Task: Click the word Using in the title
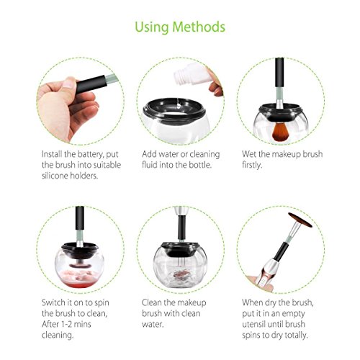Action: pos(152,27)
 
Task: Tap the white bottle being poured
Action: pos(190,73)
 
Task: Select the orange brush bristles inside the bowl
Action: pos(279,130)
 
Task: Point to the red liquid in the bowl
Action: pos(79,284)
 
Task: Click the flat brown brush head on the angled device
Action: pos(300,220)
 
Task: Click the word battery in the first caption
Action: pos(91,154)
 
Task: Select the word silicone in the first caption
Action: pos(55,176)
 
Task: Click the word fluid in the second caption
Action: pos(149,165)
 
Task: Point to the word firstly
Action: pos(252,165)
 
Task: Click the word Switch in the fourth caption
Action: pos(53,302)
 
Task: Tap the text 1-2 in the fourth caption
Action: pos(66,324)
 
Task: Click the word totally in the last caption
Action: pos(296,336)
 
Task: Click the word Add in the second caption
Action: pos(148,154)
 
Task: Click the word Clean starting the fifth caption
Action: pos(152,302)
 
